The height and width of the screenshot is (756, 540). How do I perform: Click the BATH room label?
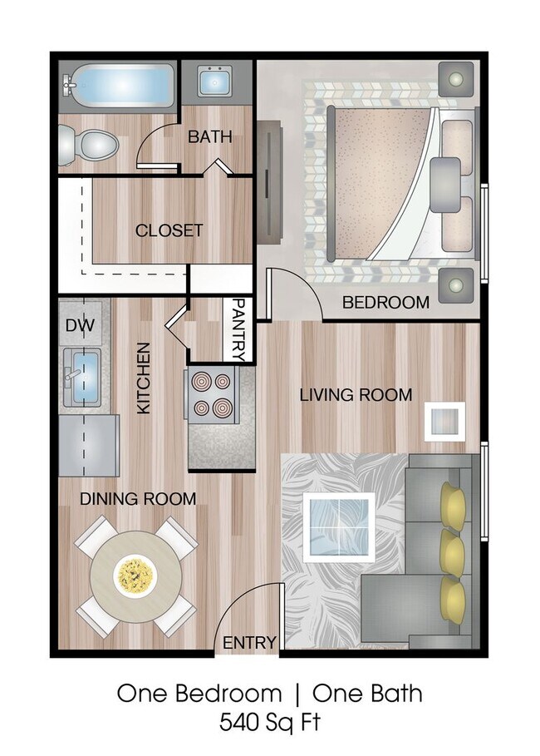[x=209, y=136]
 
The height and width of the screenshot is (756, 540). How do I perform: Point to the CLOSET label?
[x=169, y=230]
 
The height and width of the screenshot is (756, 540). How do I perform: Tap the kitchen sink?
[x=81, y=373]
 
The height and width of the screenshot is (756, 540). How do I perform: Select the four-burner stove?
[x=213, y=395]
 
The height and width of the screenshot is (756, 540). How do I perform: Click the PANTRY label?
[x=238, y=329]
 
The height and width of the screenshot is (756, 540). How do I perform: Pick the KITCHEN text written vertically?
[x=144, y=378]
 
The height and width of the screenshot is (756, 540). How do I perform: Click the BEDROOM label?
[x=386, y=302]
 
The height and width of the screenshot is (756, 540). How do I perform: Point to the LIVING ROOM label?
[x=356, y=395]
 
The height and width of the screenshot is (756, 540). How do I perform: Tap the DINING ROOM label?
[x=138, y=499]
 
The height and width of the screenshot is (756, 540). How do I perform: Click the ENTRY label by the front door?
[x=249, y=642]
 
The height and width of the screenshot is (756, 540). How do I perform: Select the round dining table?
[x=136, y=573]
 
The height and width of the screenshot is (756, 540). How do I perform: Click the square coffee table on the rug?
[x=339, y=526]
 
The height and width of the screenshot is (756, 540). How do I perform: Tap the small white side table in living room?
[x=444, y=421]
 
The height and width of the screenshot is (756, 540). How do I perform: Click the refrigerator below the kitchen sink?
[x=89, y=445]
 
